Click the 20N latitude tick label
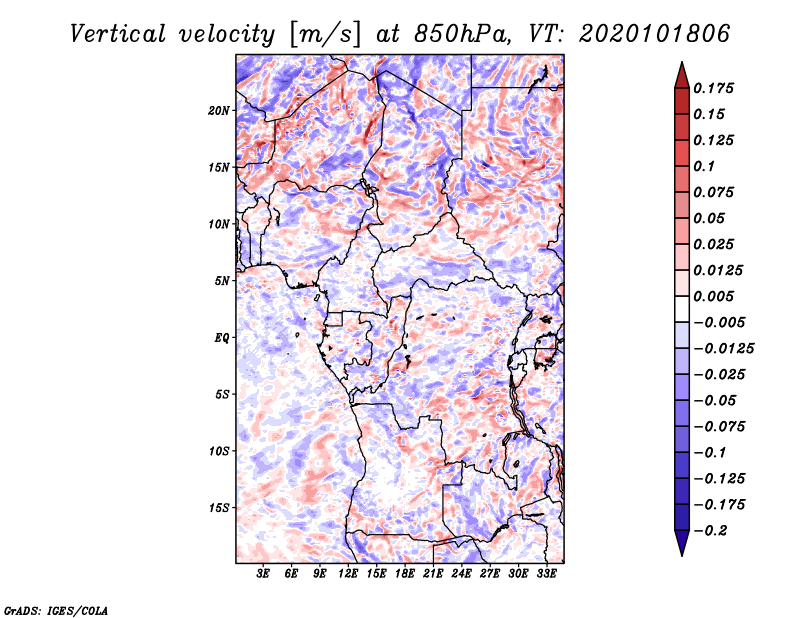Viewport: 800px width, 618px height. (x=218, y=111)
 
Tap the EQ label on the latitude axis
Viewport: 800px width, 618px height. (x=222, y=338)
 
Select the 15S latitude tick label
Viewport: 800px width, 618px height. (x=218, y=508)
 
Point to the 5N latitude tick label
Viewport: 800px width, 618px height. (x=222, y=281)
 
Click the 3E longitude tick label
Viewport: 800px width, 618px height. (x=263, y=574)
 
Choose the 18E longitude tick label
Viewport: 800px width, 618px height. (x=405, y=574)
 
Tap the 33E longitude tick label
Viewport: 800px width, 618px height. (x=546, y=574)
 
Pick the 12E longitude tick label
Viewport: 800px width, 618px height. (x=348, y=574)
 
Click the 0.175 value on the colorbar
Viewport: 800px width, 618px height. (x=713, y=88)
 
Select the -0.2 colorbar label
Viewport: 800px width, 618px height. (x=710, y=531)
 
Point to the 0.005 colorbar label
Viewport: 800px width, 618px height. (x=713, y=296)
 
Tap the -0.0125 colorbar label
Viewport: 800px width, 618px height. (x=723, y=349)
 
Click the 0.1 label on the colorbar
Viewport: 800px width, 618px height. (x=704, y=166)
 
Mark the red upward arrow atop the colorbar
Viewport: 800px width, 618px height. (x=682, y=75)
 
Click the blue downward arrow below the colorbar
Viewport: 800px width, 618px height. (x=682, y=543)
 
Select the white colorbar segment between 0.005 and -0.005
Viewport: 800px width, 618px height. (x=682, y=309)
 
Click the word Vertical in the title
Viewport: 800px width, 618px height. (x=118, y=34)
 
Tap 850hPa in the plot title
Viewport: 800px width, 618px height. (x=462, y=34)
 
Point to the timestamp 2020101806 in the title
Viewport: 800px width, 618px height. (x=655, y=34)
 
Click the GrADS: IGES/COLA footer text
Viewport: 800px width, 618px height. (x=56, y=610)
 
